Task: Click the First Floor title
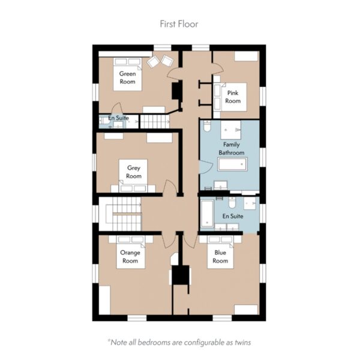pyautogui.click(x=179, y=24)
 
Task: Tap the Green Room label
pyautogui.click(x=127, y=77)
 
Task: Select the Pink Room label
pyautogui.click(x=233, y=97)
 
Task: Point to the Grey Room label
pyautogui.click(x=134, y=172)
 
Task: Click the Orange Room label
pyautogui.click(x=130, y=257)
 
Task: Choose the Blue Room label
pyautogui.click(x=220, y=257)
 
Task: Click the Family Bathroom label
pyautogui.click(x=232, y=149)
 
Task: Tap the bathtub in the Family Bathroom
pyautogui.click(x=232, y=164)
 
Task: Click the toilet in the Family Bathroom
pyautogui.click(x=207, y=126)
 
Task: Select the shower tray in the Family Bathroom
pyautogui.click(x=231, y=130)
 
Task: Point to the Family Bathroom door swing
pyautogui.click(x=206, y=167)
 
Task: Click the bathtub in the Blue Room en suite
pyautogui.click(x=207, y=214)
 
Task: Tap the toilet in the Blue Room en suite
pyautogui.click(x=232, y=203)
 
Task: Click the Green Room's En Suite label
pyautogui.click(x=118, y=118)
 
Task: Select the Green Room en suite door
pyautogui.click(x=118, y=108)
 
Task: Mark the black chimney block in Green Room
pyautogui.click(x=177, y=91)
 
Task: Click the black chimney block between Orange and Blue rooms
pyautogui.click(x=181, y=275)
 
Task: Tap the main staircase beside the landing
pyautogui.click(x=124, y=214)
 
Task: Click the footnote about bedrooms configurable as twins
pyautogui.click(x=179, y=343)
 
